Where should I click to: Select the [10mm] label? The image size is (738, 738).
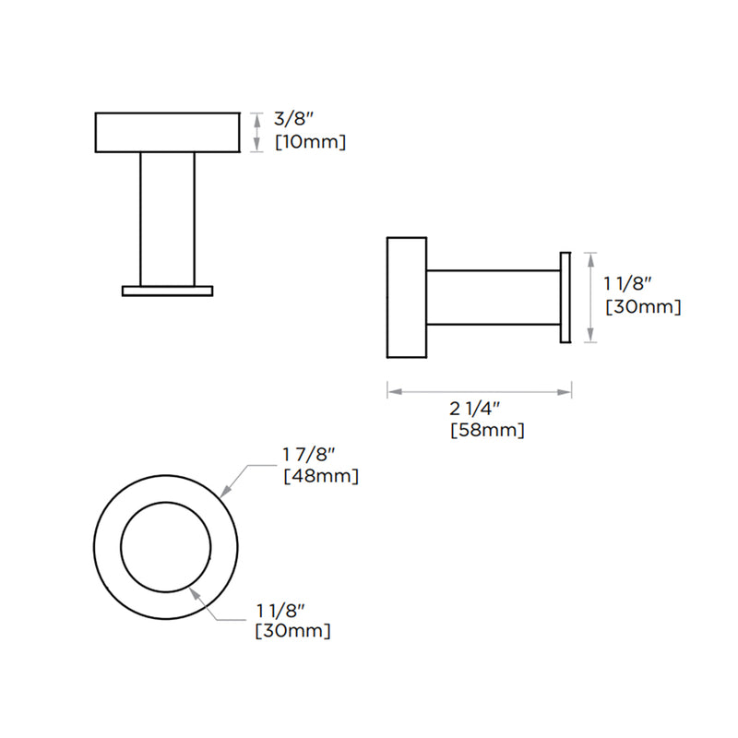[311, 142]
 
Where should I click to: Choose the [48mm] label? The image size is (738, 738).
[320, 476]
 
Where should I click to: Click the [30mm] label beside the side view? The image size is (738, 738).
[642, 307]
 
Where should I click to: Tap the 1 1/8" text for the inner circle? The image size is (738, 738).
[280, 610]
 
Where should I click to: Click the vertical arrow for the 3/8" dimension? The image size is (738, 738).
[258, 132]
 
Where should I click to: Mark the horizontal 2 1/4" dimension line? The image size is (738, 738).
[479, 393]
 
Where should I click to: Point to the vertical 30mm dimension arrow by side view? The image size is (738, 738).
[591, 297]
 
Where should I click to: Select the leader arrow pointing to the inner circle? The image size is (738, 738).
[205, 603]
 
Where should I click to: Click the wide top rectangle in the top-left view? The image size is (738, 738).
[168, 132]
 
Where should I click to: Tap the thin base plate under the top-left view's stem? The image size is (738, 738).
[168, 291]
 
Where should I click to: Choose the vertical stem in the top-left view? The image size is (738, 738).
[168, 219]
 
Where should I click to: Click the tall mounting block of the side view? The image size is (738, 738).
[406, 297]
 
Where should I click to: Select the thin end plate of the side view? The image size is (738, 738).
[566, 297]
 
